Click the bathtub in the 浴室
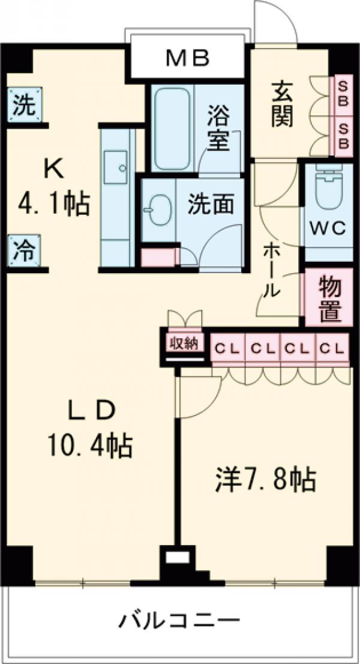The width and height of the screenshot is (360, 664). (172, 129)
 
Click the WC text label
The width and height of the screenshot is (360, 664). (326, 228)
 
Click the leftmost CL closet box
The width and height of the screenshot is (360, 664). (228, 348)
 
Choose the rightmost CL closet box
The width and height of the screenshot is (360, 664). (332, 348)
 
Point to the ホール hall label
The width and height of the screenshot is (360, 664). (271, 272)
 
